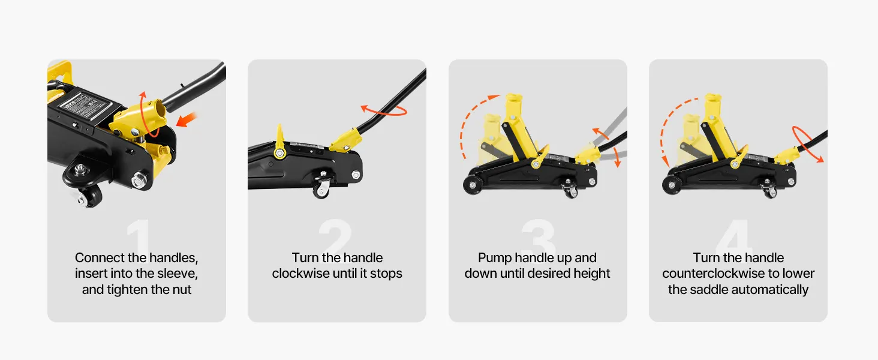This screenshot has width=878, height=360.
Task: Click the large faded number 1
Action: point(139,235)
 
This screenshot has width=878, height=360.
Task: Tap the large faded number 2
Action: point(335,235)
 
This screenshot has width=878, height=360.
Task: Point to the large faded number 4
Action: point(734,235)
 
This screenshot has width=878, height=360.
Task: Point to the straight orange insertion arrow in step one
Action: point(186,119)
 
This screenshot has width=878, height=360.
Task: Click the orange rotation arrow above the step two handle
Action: point(384,110)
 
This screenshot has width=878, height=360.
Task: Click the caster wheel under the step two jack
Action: point(321,190)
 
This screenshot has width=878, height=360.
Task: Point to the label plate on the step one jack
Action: point(85,105)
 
